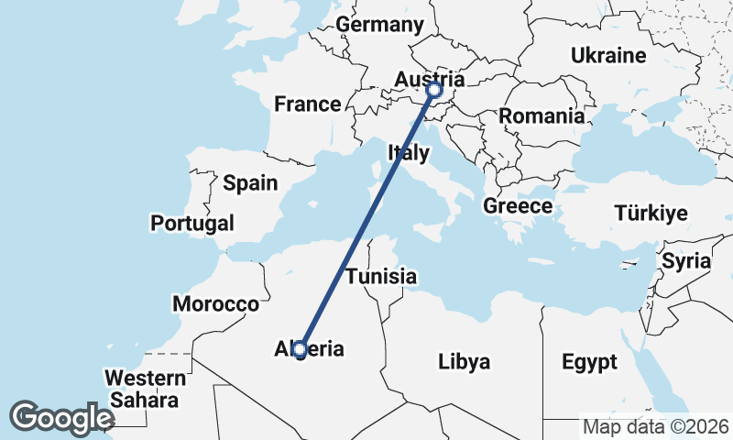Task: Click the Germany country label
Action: [x=380, y=25]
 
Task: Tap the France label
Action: [x=308, y=104]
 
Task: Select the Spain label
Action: [x=250, y=183]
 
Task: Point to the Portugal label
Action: [x=192, y=223]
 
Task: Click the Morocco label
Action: [x=215, y=304]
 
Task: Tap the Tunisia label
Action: [x=381, y=276]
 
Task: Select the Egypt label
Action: [x=589, y=361]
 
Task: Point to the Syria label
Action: [x=686, y=261]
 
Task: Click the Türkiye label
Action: [x=651, y=214]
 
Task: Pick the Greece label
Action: [x=518, y=206]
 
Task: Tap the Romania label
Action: [x=542, y=116]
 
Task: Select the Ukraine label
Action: [x=608, y=56]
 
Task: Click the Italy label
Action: [x=408, y=153]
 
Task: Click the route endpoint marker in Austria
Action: [x=434, y=90]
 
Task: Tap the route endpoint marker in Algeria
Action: [x=300, y=349]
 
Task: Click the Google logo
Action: [x=61, y=417]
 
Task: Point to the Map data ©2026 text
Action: [x=656, y=426]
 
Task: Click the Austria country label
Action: [x=431, y=79]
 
